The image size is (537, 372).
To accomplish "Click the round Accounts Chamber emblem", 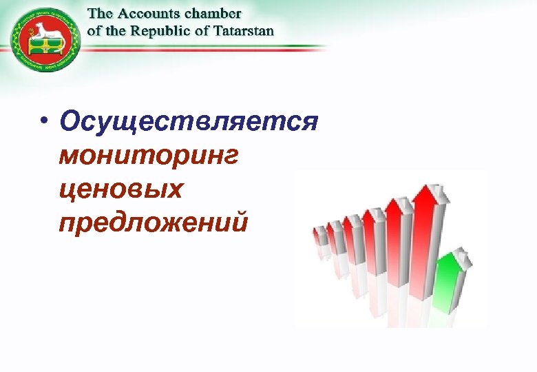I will click(45, 41).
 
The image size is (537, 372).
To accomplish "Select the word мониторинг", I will click(148, 156).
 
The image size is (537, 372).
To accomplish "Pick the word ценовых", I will click(121, 188).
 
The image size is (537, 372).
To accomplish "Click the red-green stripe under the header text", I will click(207, 48).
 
